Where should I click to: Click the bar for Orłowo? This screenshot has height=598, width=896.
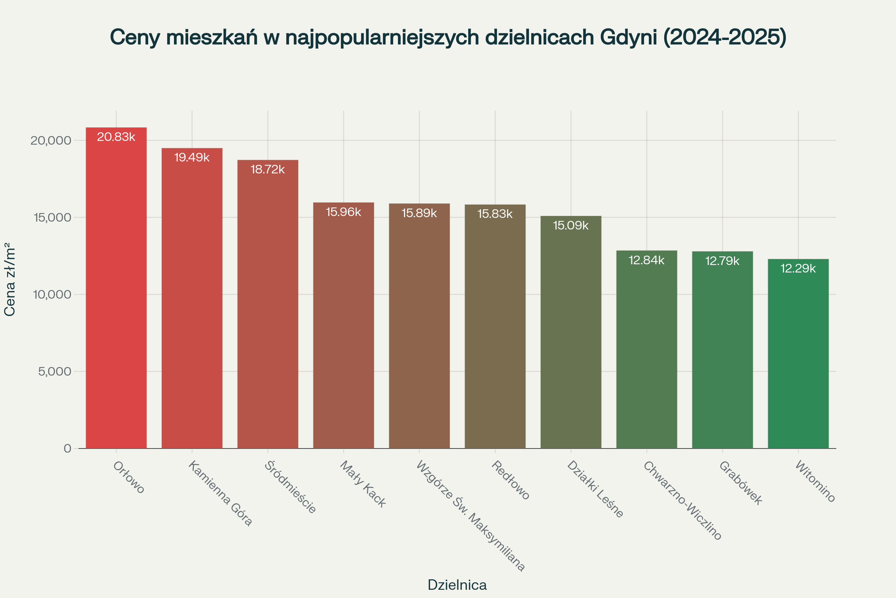click(x=116, y=290)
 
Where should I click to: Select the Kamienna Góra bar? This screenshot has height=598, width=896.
click(x=192, y=301)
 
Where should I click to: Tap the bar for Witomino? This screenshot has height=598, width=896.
click(x=798, y=355)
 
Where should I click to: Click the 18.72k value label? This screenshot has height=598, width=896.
click(x=268, y=169)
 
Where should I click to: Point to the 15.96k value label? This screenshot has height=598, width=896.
click(x=343, y=212)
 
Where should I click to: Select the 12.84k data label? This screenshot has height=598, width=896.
click(x=647, y=260)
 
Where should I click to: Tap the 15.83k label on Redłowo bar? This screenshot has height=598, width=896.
click(x=495, y=214)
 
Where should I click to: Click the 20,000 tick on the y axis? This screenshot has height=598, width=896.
click(x=51, y=141)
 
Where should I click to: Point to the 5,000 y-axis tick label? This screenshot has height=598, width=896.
click(x=55, y=372)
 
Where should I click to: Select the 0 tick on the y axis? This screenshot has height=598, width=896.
click(x=68, y=449)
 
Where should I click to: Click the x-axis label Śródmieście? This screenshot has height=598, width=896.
click(x=291, y=487)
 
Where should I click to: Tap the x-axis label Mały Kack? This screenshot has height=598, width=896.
click(x=363, y=484)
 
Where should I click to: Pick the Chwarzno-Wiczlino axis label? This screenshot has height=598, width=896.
click(x=682, y=500)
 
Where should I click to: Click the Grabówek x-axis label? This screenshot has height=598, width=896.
click(x=741, y=483)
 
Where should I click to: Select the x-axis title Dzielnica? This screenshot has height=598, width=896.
click(x=457, y=585)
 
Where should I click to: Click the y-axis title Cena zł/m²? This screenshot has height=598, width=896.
click(x=10, y=279)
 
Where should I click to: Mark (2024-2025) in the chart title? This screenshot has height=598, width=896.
click(x=725, y=37)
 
